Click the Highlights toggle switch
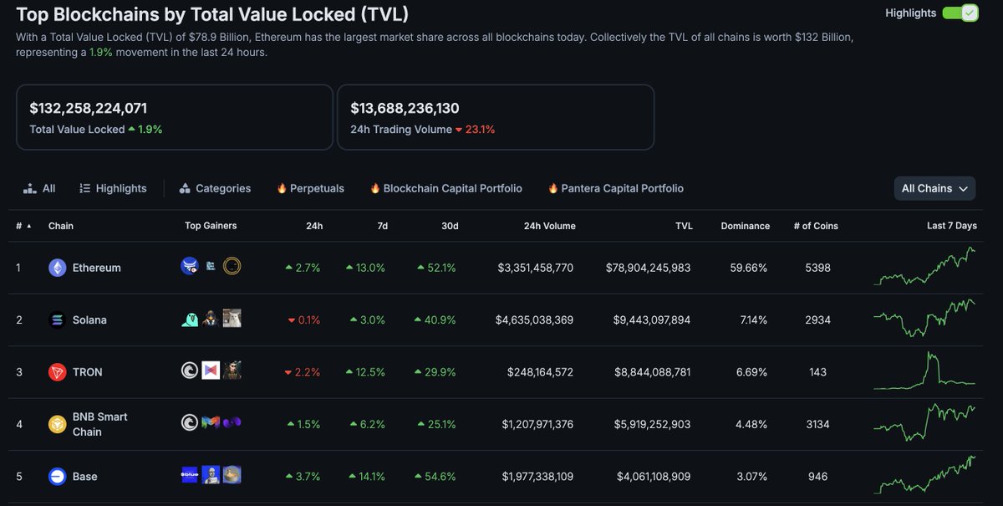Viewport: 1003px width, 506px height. coord(960,13)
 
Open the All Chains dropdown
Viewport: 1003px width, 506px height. coord(934,188)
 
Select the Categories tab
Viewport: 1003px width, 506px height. coord(215,188)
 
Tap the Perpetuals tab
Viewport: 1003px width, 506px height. coord(310,188)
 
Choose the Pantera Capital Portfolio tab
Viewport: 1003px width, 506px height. coord(616,188)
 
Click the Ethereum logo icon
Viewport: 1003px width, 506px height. coord(58,268)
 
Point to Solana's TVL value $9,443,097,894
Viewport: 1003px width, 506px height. coord(648,320)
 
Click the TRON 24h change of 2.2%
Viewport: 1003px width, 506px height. coord(303,372)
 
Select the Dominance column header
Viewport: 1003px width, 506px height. coord(745,226)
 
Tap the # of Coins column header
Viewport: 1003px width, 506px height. coord(814,226)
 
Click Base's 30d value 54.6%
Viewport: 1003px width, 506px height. coord(436,477)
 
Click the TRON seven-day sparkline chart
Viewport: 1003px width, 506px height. coord(924,371)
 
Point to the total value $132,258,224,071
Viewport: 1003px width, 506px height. coord(89,108)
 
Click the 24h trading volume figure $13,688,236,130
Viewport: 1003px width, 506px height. coord(405,108)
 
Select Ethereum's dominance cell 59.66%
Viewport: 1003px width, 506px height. coord(749,268)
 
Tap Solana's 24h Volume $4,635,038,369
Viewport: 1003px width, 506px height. coord(534,320)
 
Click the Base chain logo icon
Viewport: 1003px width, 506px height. coord(58,477)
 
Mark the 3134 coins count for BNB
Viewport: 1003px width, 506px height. coord(817,424)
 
